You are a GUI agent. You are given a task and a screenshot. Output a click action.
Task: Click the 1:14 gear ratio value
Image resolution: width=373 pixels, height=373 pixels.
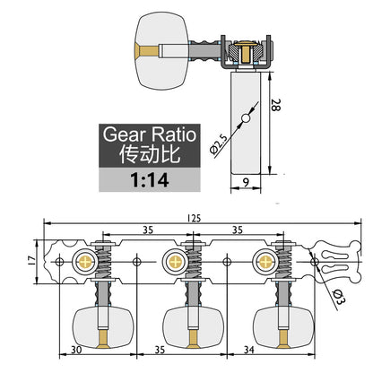coord(150,180)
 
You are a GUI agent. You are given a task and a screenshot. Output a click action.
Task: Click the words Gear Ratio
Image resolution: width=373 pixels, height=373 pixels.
coord(150,134)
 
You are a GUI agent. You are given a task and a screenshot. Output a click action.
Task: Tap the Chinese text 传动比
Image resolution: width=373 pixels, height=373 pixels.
coord(150,154)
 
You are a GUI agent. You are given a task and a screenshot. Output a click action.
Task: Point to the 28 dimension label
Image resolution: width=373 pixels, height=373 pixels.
coord(275,105)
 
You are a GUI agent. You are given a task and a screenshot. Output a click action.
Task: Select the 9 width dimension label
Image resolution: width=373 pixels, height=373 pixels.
coord(246,182)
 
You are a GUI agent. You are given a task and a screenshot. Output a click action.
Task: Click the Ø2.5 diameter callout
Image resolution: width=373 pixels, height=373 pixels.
coord(219,144)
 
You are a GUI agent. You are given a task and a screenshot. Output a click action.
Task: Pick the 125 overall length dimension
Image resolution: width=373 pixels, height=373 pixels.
coord(194,219)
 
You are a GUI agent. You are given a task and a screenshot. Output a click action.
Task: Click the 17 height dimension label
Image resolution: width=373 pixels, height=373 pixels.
coord(32,261)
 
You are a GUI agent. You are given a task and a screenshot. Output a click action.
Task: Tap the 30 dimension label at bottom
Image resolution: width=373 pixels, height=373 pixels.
coord(76,350)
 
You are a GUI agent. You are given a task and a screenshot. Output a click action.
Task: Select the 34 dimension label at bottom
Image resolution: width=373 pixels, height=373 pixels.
coord(248,350)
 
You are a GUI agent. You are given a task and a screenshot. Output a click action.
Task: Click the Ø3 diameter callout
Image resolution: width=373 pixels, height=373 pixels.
coord(338,297)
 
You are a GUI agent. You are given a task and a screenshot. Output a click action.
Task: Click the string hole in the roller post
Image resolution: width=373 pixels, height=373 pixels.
coord(246,118)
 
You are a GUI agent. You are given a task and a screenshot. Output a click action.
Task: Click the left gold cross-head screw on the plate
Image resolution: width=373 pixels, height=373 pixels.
coord(85,262)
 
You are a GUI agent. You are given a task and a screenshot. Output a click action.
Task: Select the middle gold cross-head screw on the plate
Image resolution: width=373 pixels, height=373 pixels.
coord(175,262)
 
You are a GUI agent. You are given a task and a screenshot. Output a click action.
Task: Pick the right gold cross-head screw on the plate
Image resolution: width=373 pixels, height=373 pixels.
coord(265,262)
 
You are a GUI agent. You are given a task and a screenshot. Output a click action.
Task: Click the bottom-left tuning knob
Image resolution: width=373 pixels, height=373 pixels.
coord(103,327)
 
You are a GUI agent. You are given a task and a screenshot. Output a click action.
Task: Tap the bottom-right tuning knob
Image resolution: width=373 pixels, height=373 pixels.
coord(283,327)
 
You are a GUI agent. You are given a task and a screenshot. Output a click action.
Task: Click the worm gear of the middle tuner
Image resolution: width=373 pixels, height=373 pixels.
coord(193,262)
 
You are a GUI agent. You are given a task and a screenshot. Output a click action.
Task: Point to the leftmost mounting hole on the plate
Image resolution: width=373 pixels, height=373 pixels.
coord(60,262)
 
